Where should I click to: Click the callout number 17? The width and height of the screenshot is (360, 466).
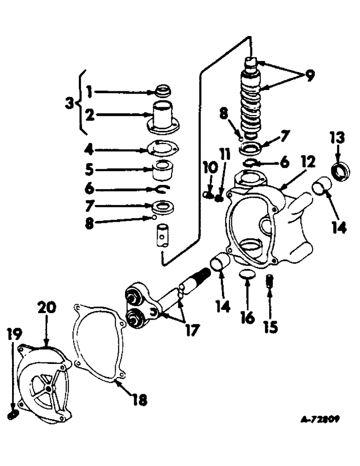tap(190, 329)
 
